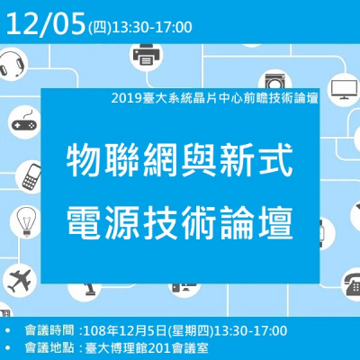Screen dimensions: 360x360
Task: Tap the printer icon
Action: [x=146, y=57]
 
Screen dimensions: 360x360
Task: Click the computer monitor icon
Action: [x=343, y=88]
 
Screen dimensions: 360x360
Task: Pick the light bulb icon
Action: [x=23, y=220]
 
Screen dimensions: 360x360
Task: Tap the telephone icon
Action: [x=350, y=285]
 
